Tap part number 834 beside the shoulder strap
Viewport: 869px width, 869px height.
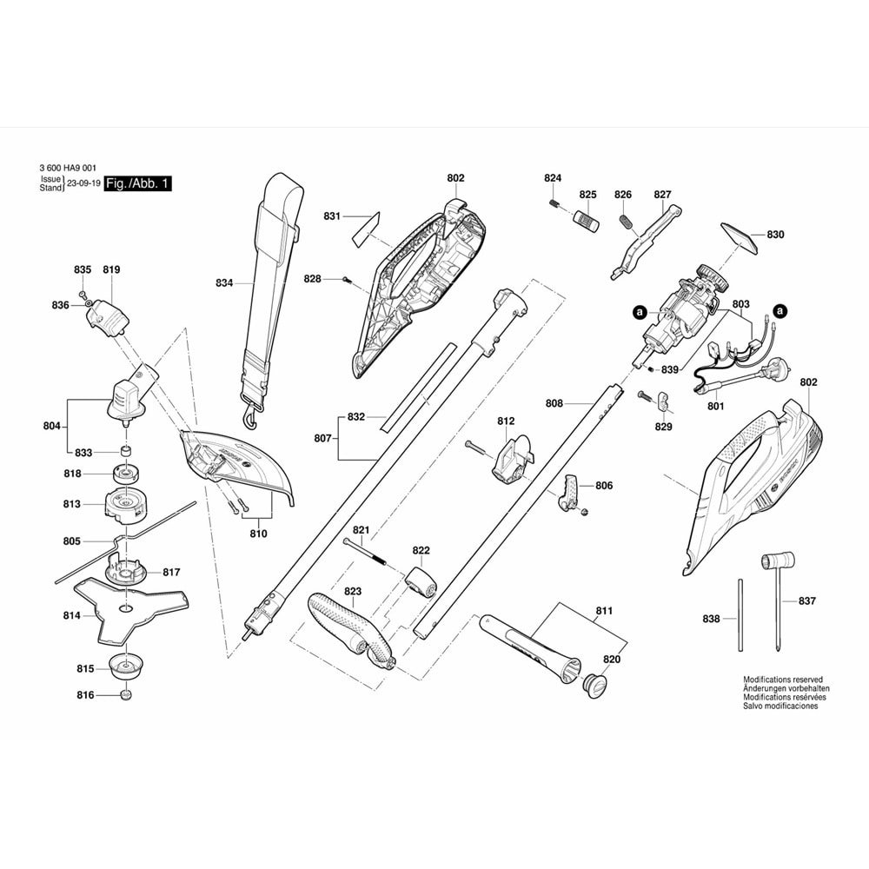tap(224, 282)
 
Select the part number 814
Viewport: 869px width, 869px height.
tap(71, 615)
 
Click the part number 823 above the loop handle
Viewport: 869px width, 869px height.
tap(352, 591)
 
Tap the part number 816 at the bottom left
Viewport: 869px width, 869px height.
tap(85, 695)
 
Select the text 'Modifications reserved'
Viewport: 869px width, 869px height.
tap(782, 680)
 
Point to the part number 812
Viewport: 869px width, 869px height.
tap(507, 421)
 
